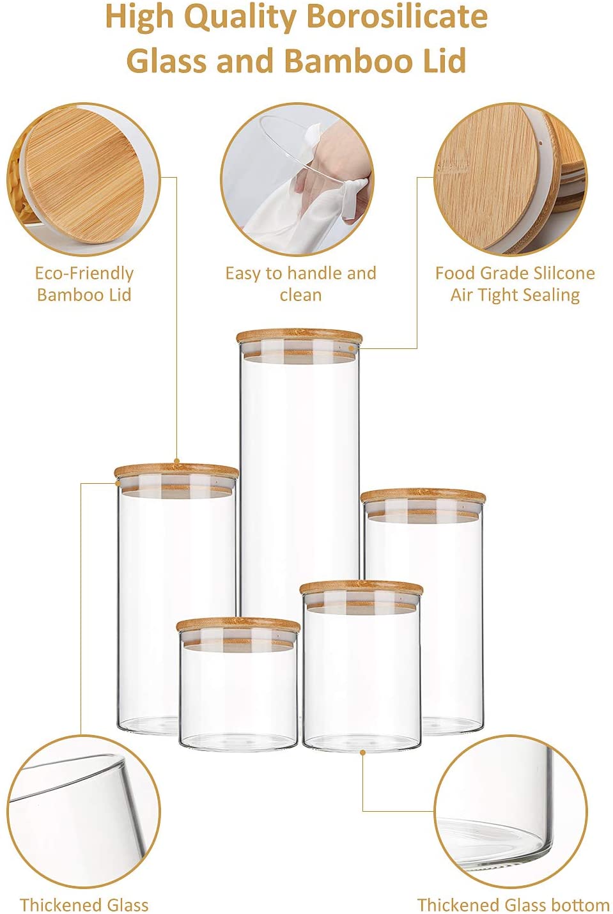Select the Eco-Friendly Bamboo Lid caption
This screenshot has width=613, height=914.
click(84, 284)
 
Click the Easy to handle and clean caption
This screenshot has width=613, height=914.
click(300, 284)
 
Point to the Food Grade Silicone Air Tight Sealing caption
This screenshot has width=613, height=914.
click(515, 284)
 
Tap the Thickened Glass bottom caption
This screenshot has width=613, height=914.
click(513, 905)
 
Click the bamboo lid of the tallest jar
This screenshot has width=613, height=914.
click(299, 337)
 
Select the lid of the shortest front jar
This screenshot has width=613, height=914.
click(238, 626)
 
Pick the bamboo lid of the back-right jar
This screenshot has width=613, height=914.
click(423, 497)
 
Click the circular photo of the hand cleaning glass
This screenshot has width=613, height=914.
click(298, 180)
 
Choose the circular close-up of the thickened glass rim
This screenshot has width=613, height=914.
click(84, 812)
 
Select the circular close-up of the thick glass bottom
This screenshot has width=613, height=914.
click(510, 812)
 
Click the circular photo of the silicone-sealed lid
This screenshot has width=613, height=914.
click(510, 180)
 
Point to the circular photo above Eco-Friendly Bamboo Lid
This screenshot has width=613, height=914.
click(84, 180)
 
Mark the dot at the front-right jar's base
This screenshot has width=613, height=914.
click(362, 753)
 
